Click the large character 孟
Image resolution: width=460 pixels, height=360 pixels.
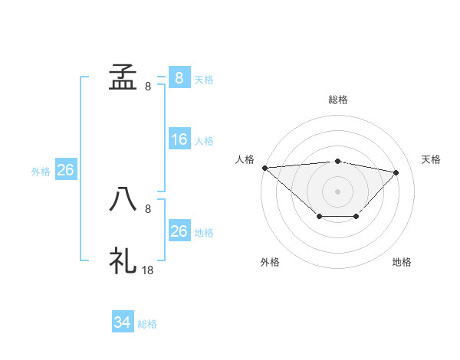[123, 77]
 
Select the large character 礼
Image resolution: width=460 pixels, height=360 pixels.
[123, 261]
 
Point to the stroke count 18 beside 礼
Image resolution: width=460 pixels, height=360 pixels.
[148, 270]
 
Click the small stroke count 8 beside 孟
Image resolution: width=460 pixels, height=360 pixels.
[148, 87]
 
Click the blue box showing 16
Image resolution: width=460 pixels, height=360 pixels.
[179, 139]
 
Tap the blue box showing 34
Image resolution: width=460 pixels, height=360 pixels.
[123, 323]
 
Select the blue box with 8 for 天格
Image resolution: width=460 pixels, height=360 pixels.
[179, 77]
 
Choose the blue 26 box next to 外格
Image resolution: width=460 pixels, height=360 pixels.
[65, 170]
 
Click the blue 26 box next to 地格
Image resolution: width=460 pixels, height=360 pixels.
[179, 231]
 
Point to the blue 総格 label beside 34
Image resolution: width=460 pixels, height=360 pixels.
[147, 324]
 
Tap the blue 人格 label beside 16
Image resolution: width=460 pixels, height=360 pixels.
[204, 141]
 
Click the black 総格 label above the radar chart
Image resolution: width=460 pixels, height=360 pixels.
[337, 100]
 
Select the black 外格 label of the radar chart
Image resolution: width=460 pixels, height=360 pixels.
[270, 262]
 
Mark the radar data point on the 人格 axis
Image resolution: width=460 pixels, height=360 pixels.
[264, 167]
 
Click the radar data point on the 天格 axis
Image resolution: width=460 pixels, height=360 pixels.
[396, 172]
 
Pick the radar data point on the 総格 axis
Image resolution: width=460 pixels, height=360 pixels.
[337, 161]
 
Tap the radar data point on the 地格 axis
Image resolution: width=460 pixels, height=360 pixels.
[356, 218]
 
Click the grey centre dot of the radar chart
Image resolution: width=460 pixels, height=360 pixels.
[337, 191]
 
